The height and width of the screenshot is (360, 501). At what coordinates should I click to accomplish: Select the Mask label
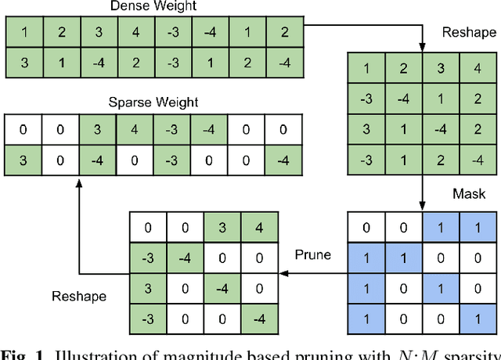469,193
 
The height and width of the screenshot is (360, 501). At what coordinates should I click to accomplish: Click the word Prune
312,255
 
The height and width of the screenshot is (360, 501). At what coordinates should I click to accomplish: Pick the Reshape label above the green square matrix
469,32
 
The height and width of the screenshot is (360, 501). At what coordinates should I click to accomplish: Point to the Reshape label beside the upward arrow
78,297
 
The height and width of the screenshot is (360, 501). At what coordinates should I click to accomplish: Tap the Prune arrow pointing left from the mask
313,273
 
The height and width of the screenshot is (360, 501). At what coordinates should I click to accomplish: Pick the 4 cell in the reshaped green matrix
477,68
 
